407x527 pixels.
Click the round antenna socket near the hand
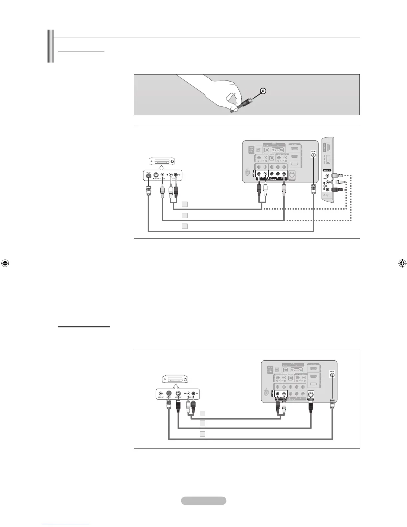point(263,90)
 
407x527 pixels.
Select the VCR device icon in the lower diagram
point(175,379)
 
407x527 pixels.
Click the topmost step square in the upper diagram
point(185,204)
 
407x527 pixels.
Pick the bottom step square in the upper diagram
point(185,226)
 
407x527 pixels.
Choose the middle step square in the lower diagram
point(203,424)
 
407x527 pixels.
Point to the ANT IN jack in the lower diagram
point(333,375)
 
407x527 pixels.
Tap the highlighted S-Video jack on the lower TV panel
point(311,394)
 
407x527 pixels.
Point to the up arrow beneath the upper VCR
point(163,168)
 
